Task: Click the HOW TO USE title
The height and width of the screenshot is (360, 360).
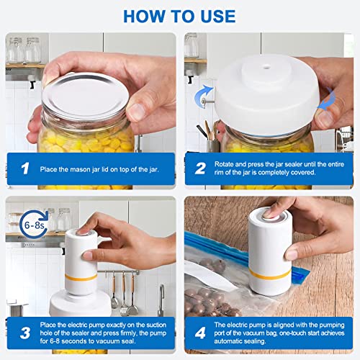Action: point(179,15)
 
